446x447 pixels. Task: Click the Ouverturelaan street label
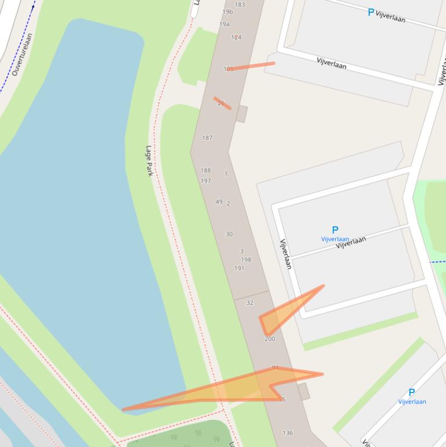tap(23, 54)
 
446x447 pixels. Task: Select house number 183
tap(240, 5)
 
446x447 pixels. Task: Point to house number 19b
tap(227, 12)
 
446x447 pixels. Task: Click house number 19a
tap(224, 24)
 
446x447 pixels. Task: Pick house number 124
tap(236, 37)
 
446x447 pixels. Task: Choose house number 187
tap(207, 138)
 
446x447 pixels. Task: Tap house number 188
tap(205, 171)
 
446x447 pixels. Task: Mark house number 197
tap(205, 181)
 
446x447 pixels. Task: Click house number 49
tap(219, 202)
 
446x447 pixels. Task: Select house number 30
tap(229, 235)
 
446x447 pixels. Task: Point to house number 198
tap(246, 260)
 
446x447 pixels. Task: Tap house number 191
tap(239, 268)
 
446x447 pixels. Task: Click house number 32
tap(249, 302)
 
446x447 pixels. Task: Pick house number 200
tap(270, 339)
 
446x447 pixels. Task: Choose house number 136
tap(288, 433)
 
